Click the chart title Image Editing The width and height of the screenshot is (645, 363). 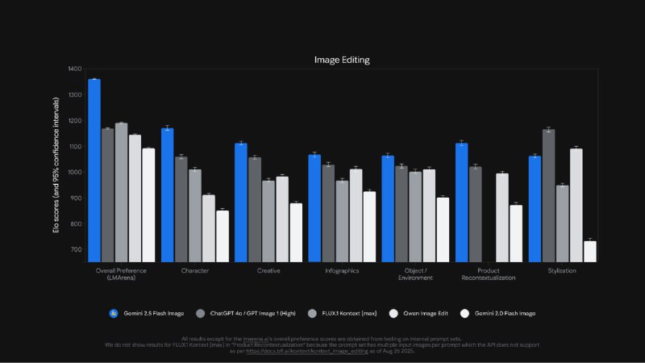[342, 60]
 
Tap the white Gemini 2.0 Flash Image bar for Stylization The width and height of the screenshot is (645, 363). [590, 252]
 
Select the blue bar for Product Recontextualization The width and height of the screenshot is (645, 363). [461, 202]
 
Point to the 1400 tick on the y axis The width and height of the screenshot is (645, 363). [75, 69]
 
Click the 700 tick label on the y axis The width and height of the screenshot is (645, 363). [77, 249]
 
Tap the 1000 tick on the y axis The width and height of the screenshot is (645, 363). [75, 173]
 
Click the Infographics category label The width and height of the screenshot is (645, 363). [342, 271]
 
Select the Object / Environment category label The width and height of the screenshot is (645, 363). [415, 274]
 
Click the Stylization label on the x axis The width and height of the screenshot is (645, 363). [560, 271]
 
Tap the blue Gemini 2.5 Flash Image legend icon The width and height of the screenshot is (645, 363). [114, 313]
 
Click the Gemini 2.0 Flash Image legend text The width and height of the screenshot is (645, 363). [505, 313]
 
